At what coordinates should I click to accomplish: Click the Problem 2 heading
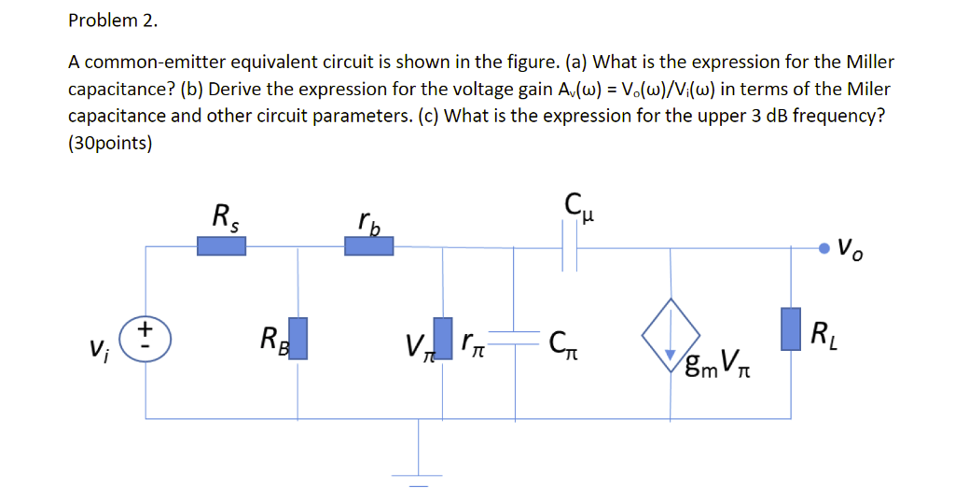[x=106, y=20]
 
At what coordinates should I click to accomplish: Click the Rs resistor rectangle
[x=221, y=245]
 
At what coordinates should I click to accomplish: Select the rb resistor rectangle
[x=368, y=245]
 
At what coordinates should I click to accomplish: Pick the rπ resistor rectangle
[x=444, y=337]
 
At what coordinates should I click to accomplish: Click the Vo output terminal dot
[x=824, y=247]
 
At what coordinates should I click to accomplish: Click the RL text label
[x=824, y=333]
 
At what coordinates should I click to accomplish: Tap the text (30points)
[x=110, y=144]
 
